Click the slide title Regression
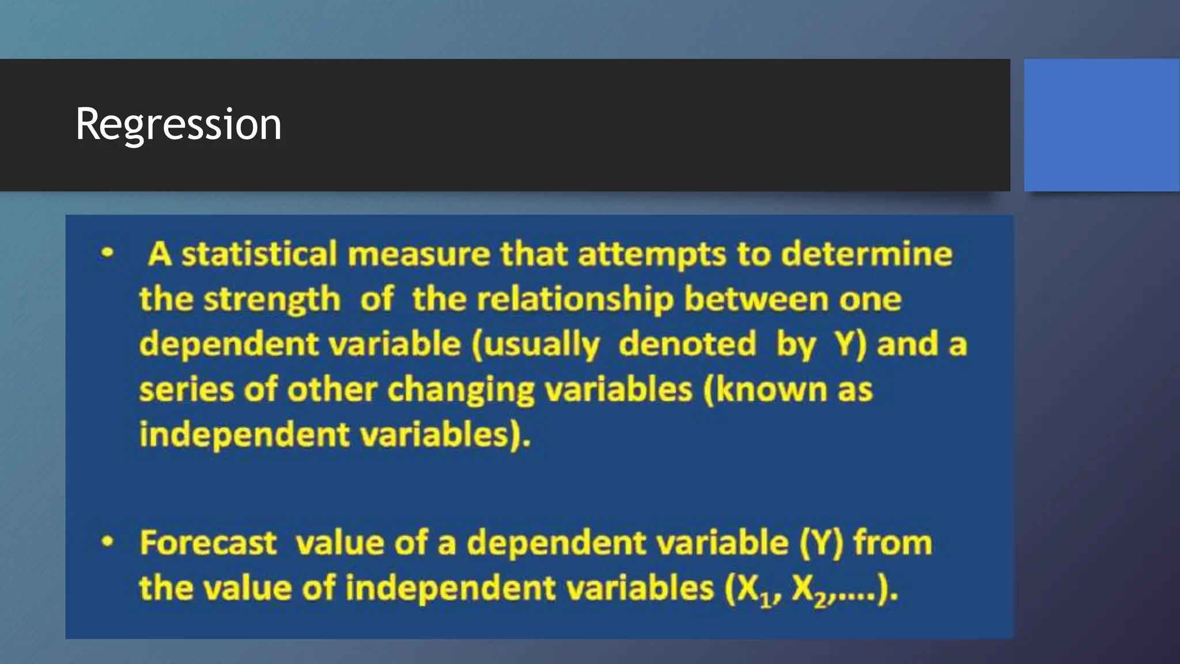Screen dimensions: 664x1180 click(x=179, y=124)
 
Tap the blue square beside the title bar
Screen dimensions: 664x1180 click(x=1102, y=124)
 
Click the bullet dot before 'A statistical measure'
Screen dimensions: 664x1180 click(x=107, y=253)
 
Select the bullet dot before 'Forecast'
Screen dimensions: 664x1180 click(x=107, y=542)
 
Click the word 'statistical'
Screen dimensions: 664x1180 click(x=259, y=254)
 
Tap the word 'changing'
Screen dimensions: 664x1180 click(x=461, y=391)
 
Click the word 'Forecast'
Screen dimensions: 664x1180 click(x=208, y=543)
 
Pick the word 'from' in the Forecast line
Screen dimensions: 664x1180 click(x=892, y=543)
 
